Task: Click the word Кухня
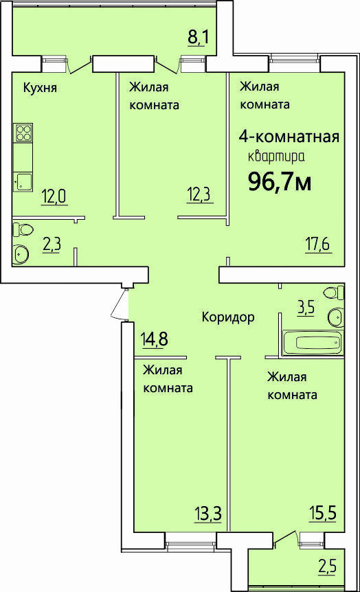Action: (40, 88)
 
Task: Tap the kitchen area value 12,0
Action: (54, 196)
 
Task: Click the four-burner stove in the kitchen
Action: (23, 132)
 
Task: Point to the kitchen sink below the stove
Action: (23, 181)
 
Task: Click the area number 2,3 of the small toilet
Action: (52, 244)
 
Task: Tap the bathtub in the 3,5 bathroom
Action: (313, 342)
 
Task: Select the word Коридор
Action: (228, 317)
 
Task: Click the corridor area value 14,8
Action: (155, 339)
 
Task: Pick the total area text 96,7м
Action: (280, 183)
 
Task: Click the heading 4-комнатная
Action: (289, 136)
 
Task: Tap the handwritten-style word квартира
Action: (276, 157)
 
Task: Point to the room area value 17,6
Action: (319, 244)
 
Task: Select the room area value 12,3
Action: (200, 195)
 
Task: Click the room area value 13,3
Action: (207, 514)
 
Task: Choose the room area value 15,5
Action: (322, 514)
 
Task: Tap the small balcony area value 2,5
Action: (327, 567)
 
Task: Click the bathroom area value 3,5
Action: (306, 308)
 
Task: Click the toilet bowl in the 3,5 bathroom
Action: (335, 293)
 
